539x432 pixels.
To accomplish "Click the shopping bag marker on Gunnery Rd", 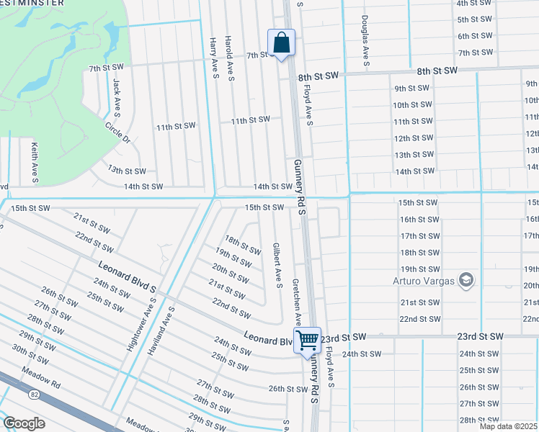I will click(x=281, y=42).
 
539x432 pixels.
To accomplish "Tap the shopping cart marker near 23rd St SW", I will click(x=308, y=340).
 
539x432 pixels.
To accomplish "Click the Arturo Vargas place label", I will click(x=424, y=280).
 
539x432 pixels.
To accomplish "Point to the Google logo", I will click(x=24, y=423).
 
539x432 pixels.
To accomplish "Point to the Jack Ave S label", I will click(x=115, y=99).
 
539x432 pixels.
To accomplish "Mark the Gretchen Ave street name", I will click(x=295, y=303).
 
